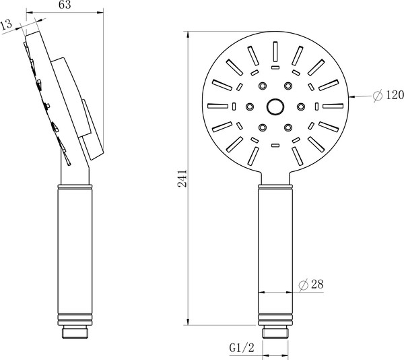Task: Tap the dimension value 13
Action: click(7, 26)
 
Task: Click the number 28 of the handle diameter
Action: click(318, 284)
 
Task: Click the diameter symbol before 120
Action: click(378, 96)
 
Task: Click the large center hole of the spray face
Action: click(275, 106)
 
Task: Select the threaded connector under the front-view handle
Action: click(275, 332)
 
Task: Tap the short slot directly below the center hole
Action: click(275, 144)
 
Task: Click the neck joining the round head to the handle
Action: click(275, 179)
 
